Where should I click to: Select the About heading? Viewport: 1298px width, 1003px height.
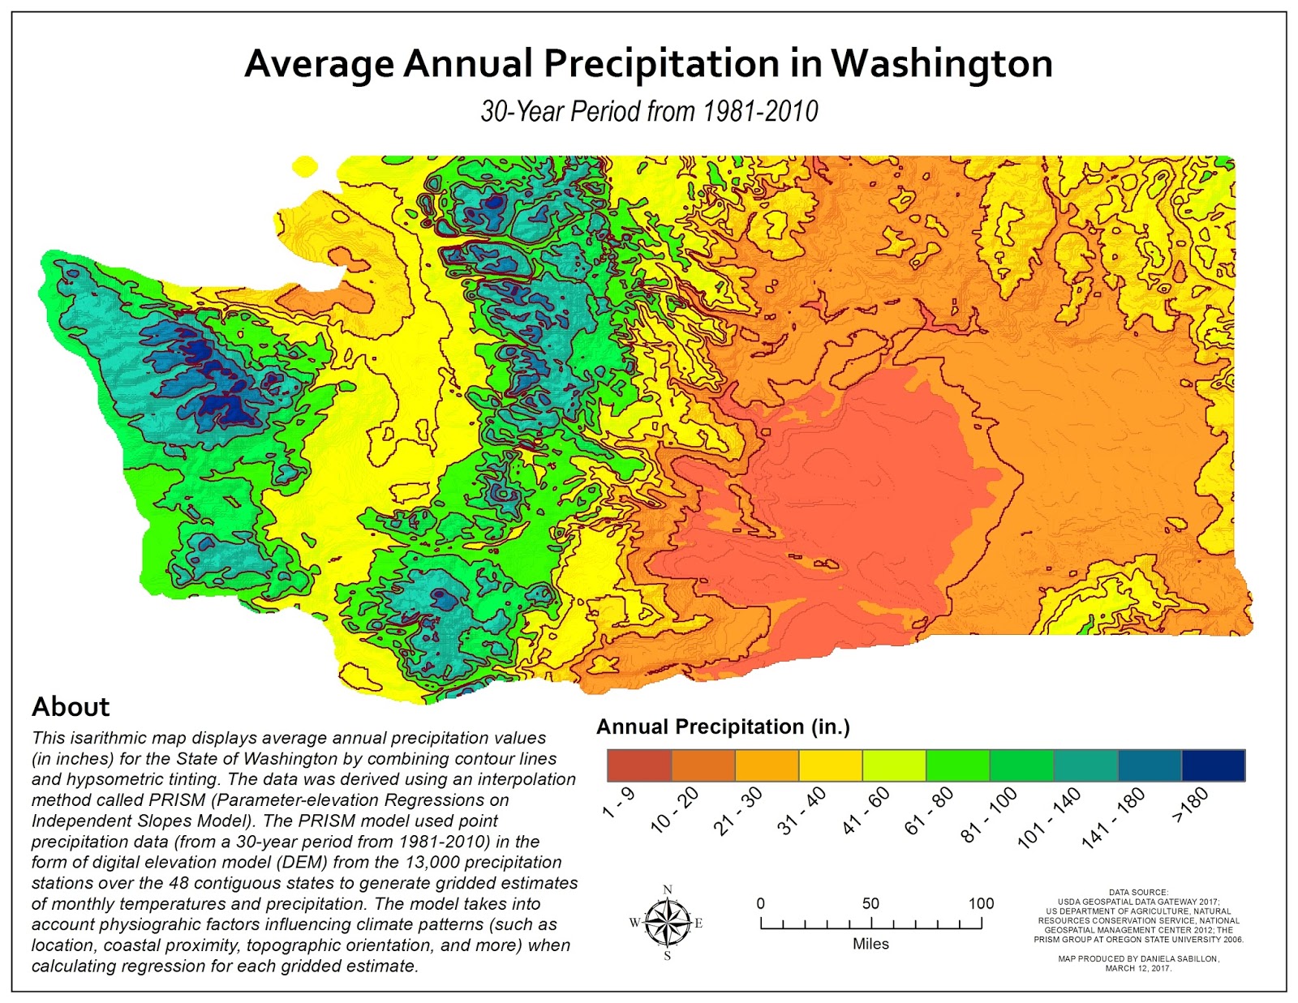(x=71, y=706)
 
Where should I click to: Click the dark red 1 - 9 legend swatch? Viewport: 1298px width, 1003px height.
(x=639, y=765)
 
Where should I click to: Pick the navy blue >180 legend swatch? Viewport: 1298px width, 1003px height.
(x=1213, y=765)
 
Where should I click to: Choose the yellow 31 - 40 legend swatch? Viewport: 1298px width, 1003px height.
(x=830, y=765)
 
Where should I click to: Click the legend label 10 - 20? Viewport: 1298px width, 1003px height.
(x=675, y=812)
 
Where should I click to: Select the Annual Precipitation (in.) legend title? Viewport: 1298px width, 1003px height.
(x=723, y=727)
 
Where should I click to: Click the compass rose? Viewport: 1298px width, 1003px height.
(x=668, y=923)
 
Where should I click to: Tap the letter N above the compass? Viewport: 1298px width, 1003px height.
(x=668, y=889)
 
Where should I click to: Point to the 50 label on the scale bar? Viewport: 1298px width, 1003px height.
(x=870, y=903)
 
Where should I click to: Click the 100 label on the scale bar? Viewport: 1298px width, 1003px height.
(x=981, y=903)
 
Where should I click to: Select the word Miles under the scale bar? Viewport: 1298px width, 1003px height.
(x=870, y=944)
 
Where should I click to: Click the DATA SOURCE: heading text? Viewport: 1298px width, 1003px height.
(x=1138, y=892)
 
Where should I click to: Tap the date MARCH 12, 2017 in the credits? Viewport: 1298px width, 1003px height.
(x=1138, y=968)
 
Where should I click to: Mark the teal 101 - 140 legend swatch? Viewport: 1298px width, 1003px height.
(x=1085, y=765)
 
